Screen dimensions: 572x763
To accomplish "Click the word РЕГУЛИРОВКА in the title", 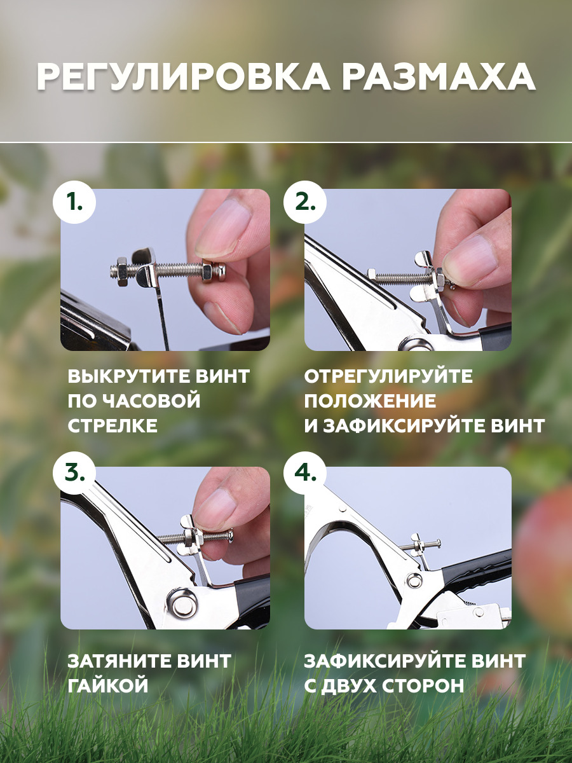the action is pyautogui.click(x=183, y=78).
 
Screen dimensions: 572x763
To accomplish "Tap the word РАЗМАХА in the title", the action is pyautogui.click(x=439, y=78).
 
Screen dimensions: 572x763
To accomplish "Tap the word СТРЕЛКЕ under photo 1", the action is pyautogui.click(x=112, y=425).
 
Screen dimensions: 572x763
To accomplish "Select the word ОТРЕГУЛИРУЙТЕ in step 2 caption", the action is pyautogui.click(x=388, y=376).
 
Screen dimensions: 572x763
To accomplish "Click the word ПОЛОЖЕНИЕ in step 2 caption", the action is pyautogui.click(x=371, y=401).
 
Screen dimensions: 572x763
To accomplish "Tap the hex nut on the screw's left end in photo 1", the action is pyautogui.click(x=122, y=271).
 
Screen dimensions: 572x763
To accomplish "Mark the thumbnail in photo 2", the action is pyautogui.click(x=472, y=256).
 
